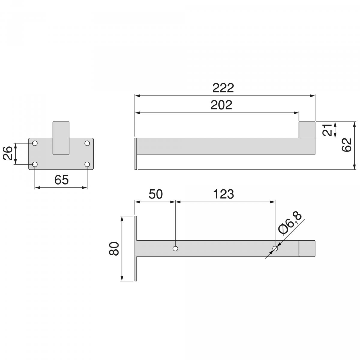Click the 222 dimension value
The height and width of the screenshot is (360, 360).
click(x=223, y=88)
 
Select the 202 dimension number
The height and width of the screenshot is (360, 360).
click(x=221, y=105)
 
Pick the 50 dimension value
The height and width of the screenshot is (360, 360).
click(x=155, y=194)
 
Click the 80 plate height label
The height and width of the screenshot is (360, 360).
click(x=114, y=248)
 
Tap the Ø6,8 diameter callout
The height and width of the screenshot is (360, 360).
click(x=289, y=222)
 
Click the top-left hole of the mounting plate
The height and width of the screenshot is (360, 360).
click(x=35, y=143)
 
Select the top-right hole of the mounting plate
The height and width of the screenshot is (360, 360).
click(x=87, y=143)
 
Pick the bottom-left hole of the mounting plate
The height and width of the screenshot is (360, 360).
click(x=35, y=164)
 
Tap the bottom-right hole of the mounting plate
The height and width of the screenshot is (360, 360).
click(x=87, y=164)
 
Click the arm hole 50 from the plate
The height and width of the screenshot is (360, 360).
click(x=175, y=248)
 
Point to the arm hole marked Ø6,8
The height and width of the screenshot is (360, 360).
click(x=275, y=248)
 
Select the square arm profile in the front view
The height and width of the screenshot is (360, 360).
click(x=61, y=138)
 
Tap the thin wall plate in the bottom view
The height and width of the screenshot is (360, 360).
click(x=136, y=248)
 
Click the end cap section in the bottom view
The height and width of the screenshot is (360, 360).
click(x=307, y=248)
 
